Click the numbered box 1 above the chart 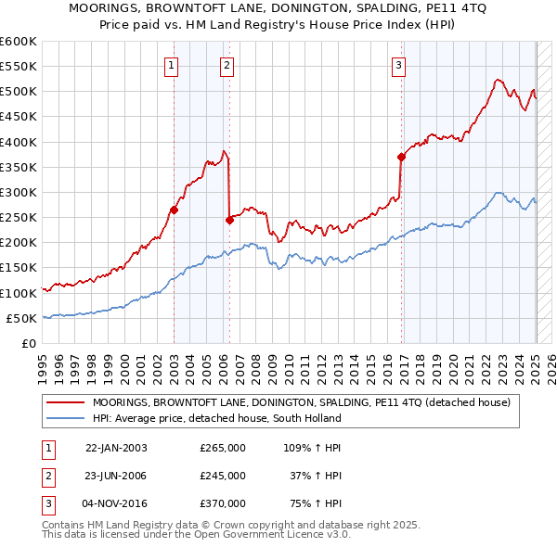click(x=173, y=65)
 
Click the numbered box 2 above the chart click(x=227, y=65)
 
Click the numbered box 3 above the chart click(x=398, y=65)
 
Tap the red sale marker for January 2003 click(x=174, y=210)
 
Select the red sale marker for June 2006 click(x=229, y=220)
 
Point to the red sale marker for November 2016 click(x=401, y=157)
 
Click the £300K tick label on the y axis click(x=19, y=192)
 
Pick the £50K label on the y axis click(x=22, y=318)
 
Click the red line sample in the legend click(x=66, y=403)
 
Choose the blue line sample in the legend click(x=66, y=418)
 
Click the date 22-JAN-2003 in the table click(x=116, y=448)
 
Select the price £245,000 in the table click(x=223, y=476)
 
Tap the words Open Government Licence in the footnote click(x=270, y=535)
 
